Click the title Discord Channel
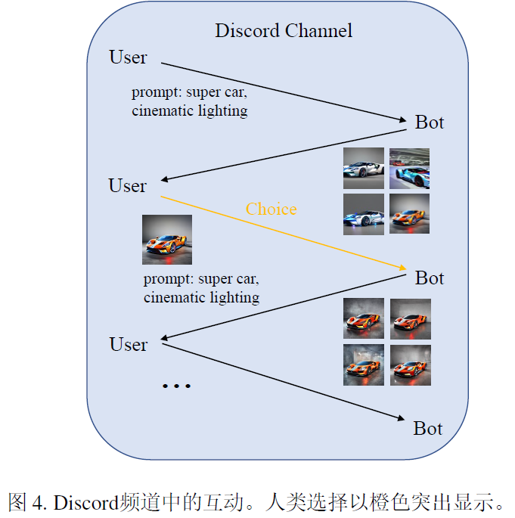(284, 31)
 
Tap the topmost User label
(128, 57)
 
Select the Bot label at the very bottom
(427, 428)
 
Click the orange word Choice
(271, 209)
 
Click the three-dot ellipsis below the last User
(177, 386)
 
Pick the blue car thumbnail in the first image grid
(409, 167)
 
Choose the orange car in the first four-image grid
(409, 213)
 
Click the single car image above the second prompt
(167, 240)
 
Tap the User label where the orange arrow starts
(127, 185)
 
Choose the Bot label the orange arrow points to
(430, 278)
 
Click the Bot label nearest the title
(430, 122)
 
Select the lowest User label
(128, 344)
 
